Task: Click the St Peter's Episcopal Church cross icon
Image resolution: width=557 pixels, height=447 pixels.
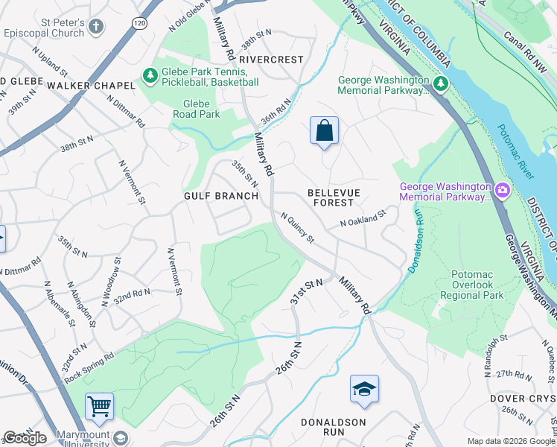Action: point(95,28)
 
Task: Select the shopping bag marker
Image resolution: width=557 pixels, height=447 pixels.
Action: point(324,131)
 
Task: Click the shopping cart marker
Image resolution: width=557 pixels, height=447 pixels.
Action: point(99,407)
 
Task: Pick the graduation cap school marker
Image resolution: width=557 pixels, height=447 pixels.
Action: point(363,390)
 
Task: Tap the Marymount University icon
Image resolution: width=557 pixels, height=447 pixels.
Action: point(120,437)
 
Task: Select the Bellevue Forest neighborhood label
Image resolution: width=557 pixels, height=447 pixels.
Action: point(333,197)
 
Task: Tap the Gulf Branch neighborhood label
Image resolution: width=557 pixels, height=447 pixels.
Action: point(221,196)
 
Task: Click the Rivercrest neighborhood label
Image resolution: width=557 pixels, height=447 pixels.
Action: point(272,59)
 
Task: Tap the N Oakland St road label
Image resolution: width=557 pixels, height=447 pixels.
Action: point(363,218)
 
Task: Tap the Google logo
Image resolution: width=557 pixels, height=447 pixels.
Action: point(25,438)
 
